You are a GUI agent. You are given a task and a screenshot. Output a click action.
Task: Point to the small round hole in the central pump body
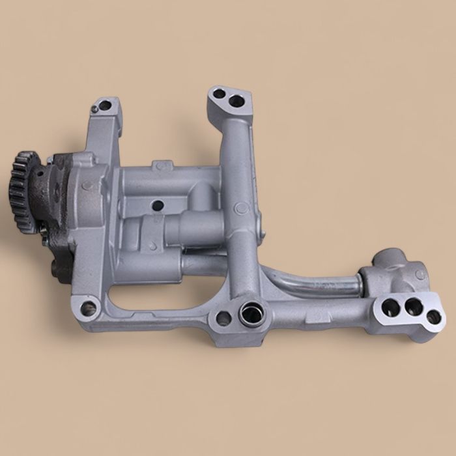coord(156,206)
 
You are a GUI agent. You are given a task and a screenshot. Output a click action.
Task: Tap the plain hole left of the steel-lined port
coord(223,319)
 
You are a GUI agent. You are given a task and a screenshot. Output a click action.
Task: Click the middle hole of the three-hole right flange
coord(412,306)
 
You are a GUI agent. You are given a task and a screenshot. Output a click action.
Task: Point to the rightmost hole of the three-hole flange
coord(432,317)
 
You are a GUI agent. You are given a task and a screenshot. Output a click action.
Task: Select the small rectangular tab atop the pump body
coord(161,165)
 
